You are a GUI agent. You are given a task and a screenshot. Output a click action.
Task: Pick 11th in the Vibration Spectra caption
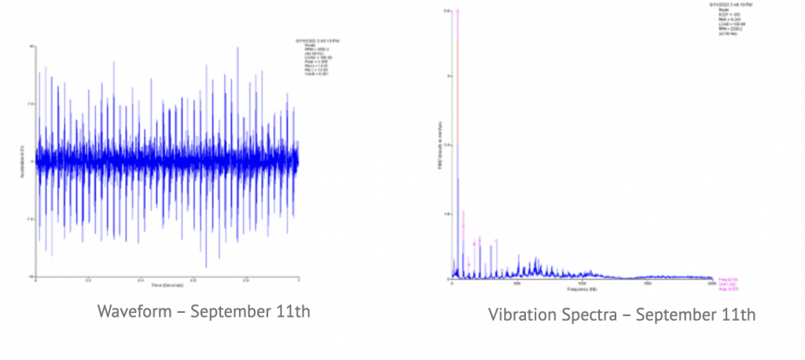739,315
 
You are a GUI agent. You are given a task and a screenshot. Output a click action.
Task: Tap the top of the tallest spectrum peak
458,12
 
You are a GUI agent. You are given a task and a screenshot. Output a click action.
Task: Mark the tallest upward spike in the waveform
237,48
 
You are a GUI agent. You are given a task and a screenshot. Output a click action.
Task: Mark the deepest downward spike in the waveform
206,266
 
